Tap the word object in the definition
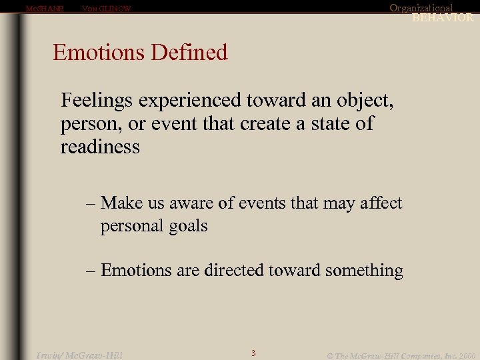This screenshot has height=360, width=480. coord(361,101)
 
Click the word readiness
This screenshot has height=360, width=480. coord(100,146)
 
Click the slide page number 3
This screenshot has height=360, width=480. coord(253,353)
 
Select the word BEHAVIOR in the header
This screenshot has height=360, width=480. coord(443,18)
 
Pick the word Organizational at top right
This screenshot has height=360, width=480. coord(421,8)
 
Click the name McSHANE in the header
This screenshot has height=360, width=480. coord(44,9)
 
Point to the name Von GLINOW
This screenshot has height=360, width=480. coord(106,9)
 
